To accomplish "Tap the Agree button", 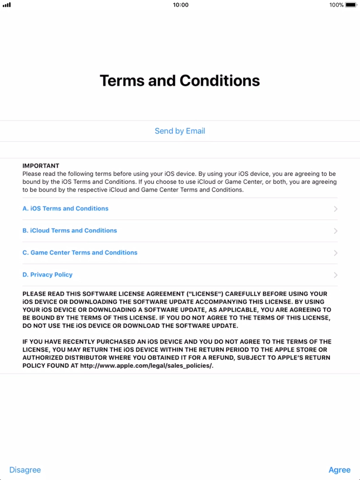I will [x=339, y=470].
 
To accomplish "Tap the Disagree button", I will [x=25, y=470].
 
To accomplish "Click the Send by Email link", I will [x=180, y=131].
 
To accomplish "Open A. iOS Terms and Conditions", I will [x=65, y=209].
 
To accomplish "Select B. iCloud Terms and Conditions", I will [x=70, y=230].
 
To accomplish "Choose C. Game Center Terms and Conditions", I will [x=80, y=253].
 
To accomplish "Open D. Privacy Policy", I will [x=48, y=274].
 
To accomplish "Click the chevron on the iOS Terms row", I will [x=335, y=209].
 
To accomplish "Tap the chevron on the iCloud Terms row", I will [x=335, y=231].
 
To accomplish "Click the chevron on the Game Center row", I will [x=335, y=253].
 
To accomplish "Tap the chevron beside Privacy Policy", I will [x=335, y=275].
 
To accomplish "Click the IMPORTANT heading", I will [x=41, y=166].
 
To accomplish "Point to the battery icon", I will [x=351, y=5].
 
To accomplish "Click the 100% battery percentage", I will [x=336, y=5].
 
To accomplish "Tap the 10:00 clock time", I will [x=181, y=5].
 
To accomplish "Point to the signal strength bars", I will [x=7, y=5].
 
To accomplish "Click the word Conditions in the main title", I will [x=219, y=81].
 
